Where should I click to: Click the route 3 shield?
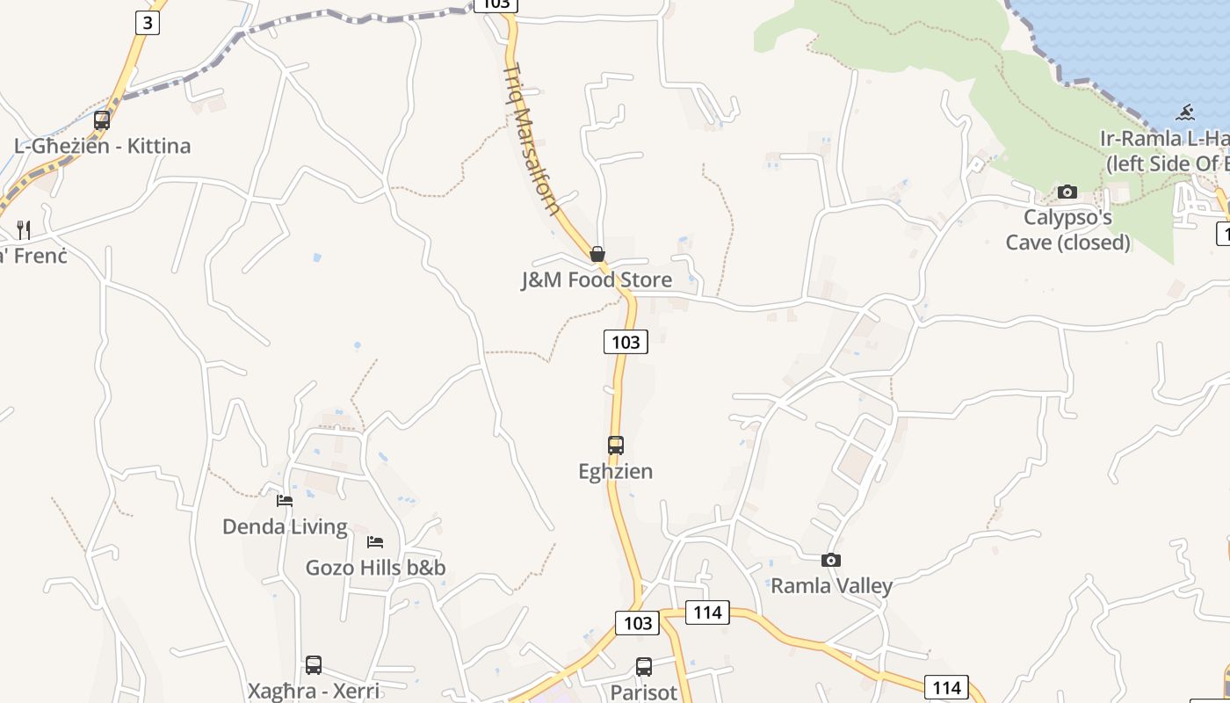coord(148,22)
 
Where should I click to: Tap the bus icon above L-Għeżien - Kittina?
coord(102,120)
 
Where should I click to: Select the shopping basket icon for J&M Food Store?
coord(597,254)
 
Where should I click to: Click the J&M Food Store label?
coord(597,280)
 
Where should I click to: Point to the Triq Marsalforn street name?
coord(532,139)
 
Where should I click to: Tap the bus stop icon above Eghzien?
coord(616,446)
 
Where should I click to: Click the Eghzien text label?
coord(616,472)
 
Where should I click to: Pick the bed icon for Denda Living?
coord(285,501)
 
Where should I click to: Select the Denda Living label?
coord(285,527)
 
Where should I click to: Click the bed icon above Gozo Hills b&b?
coord(375,541)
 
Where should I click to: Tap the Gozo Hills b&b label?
coord(375,568)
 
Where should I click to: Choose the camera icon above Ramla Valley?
coord(831,560)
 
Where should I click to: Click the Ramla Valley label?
coord(831,586)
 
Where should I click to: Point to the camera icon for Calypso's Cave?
coord(1067,192)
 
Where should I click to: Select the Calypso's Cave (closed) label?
coord(1067,229)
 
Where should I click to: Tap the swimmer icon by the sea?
coord(1186,112)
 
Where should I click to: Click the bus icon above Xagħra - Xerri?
coord(314,665)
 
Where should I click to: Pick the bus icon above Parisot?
coord(644,667)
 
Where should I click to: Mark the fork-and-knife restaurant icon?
coord(24,230)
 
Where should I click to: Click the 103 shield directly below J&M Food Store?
coord(626,342)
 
